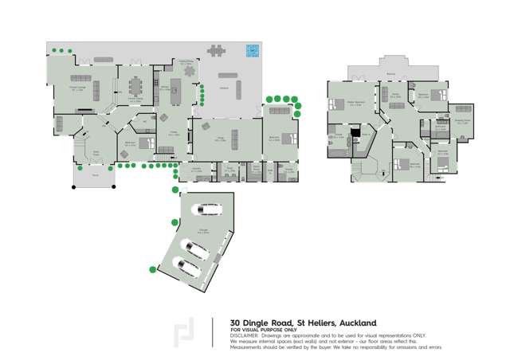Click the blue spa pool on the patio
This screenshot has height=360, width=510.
(253, 50)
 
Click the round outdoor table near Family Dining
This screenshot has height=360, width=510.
(190, 70)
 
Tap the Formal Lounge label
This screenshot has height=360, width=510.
(78, 90)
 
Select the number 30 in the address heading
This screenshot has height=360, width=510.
(236, 323)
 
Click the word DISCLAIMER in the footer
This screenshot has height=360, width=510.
(245, 337)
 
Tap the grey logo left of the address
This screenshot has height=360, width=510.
(184, 333)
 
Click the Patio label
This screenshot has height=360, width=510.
(224, 88)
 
